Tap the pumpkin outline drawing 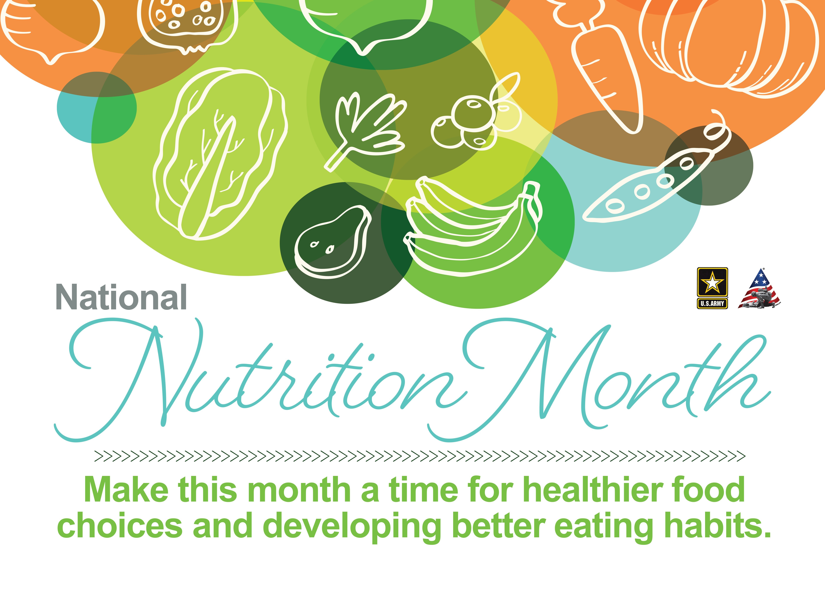pos(729,44)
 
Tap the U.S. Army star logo pos(712,288)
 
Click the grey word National pos(122,297)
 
